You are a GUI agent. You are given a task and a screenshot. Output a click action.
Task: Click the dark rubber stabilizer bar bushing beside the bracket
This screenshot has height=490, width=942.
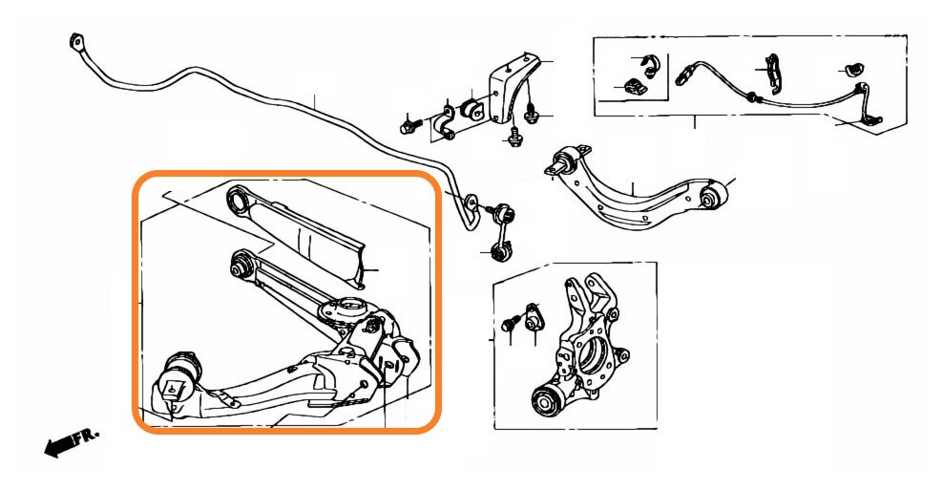[x=471, y=108]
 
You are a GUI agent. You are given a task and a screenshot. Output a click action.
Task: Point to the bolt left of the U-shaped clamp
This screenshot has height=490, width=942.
[x=409, y=124]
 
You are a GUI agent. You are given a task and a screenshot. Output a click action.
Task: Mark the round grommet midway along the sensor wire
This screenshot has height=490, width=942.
[x=753, y=96]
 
